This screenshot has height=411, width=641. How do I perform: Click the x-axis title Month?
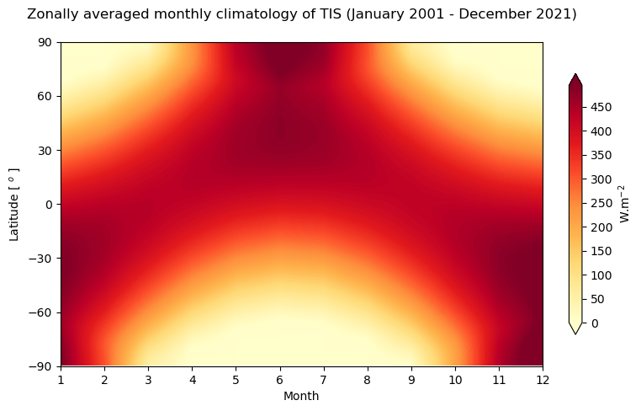coord(301,396)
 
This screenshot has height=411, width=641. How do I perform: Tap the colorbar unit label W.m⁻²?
coord(625,203)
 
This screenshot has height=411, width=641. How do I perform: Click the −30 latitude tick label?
coord(42,259)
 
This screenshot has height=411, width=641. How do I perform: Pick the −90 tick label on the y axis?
coord(42,366)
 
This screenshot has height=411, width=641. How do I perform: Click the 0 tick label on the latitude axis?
coord(50,205)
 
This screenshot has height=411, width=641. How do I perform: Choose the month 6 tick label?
coord(280,380)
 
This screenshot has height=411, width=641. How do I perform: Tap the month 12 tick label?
coord(543,380)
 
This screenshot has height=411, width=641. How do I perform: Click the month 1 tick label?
coord(61,380)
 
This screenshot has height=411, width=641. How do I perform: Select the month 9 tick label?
coord(411,380)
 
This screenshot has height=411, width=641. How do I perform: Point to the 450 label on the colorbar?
coord(600,107)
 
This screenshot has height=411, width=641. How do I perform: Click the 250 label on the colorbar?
coord(600,203)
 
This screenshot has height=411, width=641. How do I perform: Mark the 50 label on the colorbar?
coord(597,299)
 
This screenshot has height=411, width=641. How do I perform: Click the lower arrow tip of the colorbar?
coord(575,332)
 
